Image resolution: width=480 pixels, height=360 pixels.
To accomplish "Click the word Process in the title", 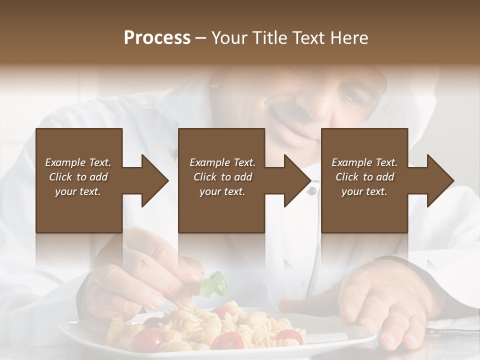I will [157, 38].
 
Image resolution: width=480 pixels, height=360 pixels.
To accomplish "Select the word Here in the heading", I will [350, 38].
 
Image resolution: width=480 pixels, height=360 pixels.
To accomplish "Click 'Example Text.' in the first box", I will [78, 162].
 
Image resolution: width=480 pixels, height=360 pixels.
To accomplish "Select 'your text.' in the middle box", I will [222, 191].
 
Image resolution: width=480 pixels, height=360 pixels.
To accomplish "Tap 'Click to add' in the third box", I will [364, 177].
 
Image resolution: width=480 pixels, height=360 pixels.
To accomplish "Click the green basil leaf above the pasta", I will [215, 284].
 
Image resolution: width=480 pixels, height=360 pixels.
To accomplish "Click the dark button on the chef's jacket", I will [311, 190].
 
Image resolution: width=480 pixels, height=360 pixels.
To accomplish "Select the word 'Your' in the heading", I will [228, 38].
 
